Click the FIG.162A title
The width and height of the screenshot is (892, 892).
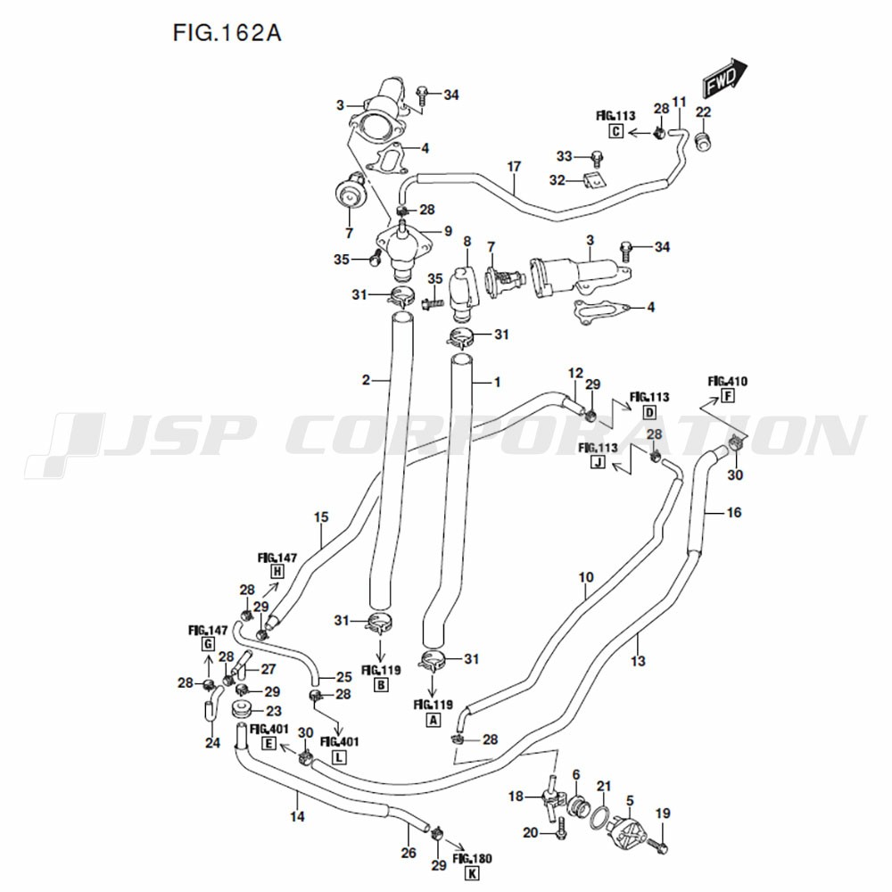click(x=227, y=33)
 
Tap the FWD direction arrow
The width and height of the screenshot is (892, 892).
click(x=724, y=78)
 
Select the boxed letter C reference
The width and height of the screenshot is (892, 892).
click(x=616, y=132)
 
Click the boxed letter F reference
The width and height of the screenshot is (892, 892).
click(x=728, y=396)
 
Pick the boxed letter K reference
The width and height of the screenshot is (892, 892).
click(x=472, y=873)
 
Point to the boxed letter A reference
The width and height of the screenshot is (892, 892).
click(x=434, y=720)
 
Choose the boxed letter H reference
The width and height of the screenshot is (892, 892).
click(x=277, y=572)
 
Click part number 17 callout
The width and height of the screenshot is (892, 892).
click(x=514, y=166)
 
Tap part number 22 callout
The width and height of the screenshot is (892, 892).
click(x=703, y=111)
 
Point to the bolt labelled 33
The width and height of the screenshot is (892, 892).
click(x=597, y=157)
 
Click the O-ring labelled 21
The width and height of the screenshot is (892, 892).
click(x=599, y=819)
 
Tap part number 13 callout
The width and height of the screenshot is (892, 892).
click(x=639, y=660)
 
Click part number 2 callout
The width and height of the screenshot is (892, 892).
click(x=366, y=379)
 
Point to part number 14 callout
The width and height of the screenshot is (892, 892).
click(x=297, y=816)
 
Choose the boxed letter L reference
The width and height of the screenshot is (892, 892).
click(x=338, y=757)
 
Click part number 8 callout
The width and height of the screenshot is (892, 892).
click(x=467, y=241)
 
